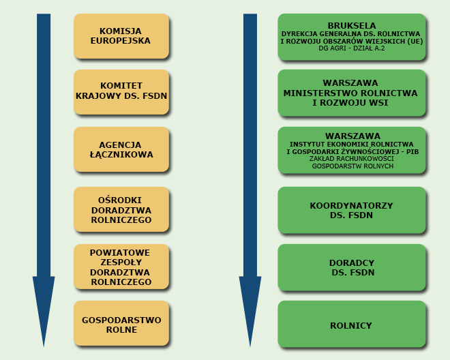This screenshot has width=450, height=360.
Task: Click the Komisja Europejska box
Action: pyautogui.click(x=121, y=36)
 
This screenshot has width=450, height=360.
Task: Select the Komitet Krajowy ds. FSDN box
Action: pyautogui.click(x=121, y=91)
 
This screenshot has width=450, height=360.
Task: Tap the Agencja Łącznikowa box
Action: pyautogui.click(x=121, y=149)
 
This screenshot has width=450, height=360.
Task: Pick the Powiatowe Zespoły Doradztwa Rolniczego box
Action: pyautogui.click(x=121, y=267)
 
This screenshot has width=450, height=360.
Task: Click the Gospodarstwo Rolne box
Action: pyautogui.click(x=121, y=325)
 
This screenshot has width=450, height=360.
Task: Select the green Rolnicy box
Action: pyautogui.click(x=351, y=325)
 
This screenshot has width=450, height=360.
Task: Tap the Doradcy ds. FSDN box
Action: pyautogui.click(x=351, y=267)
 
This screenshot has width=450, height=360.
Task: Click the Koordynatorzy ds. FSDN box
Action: pyautogui.click(x=351, y=210)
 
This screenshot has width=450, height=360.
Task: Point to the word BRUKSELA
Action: pyautogui.click(x=351, y=26)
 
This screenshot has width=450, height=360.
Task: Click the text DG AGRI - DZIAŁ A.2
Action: pyautogui.click(x=351, y=48)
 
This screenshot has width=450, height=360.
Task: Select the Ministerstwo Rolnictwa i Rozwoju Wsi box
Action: pyautogui.click(x=351, y=93)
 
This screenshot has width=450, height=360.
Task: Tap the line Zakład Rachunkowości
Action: pyautogui.click(x=351, y=159)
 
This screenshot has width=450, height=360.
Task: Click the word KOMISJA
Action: pyautogui.click(x=121, y=31)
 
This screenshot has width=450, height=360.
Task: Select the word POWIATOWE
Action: pyautogui.click(x=121, y=253)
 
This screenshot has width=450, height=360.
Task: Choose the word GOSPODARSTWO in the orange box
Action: pyautogui.click(x=121, y=320)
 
